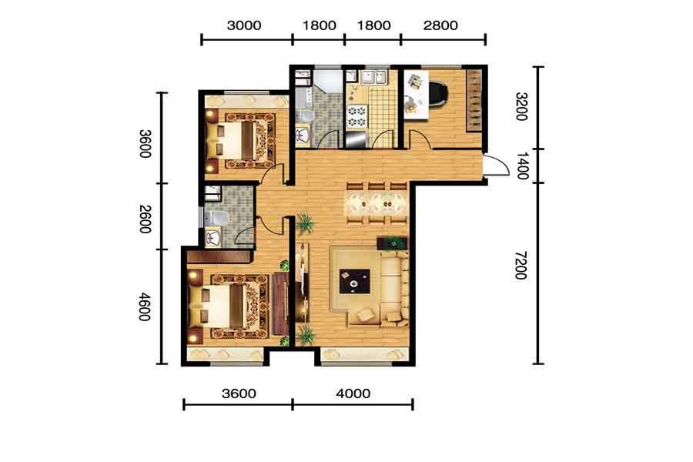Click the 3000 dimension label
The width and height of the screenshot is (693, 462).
[244, 25]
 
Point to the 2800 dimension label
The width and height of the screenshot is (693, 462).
[440, 25]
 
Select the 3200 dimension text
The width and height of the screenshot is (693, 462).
[521, 106]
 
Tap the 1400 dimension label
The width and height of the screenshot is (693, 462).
[522, 166]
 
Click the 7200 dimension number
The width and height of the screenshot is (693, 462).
[521, 265]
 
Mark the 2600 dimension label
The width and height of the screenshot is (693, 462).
[145, 219]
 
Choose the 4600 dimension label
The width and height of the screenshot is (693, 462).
[145, 306]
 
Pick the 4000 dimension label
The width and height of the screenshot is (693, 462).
[353, 393]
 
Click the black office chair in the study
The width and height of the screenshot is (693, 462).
[438, 93]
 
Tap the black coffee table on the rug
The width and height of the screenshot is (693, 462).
[354, 281]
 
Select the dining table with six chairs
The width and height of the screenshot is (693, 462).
[376, 204]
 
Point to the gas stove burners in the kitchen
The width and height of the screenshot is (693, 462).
[357, 115]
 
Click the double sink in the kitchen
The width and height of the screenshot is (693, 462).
[374, 76]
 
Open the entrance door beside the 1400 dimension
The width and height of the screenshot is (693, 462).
[496, 166]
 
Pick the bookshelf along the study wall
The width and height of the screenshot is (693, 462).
[474, 100]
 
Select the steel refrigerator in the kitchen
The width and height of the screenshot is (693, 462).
[356, 139]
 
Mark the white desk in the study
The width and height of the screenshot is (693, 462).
[416, 95]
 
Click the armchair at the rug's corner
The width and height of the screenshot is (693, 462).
[366, 315]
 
